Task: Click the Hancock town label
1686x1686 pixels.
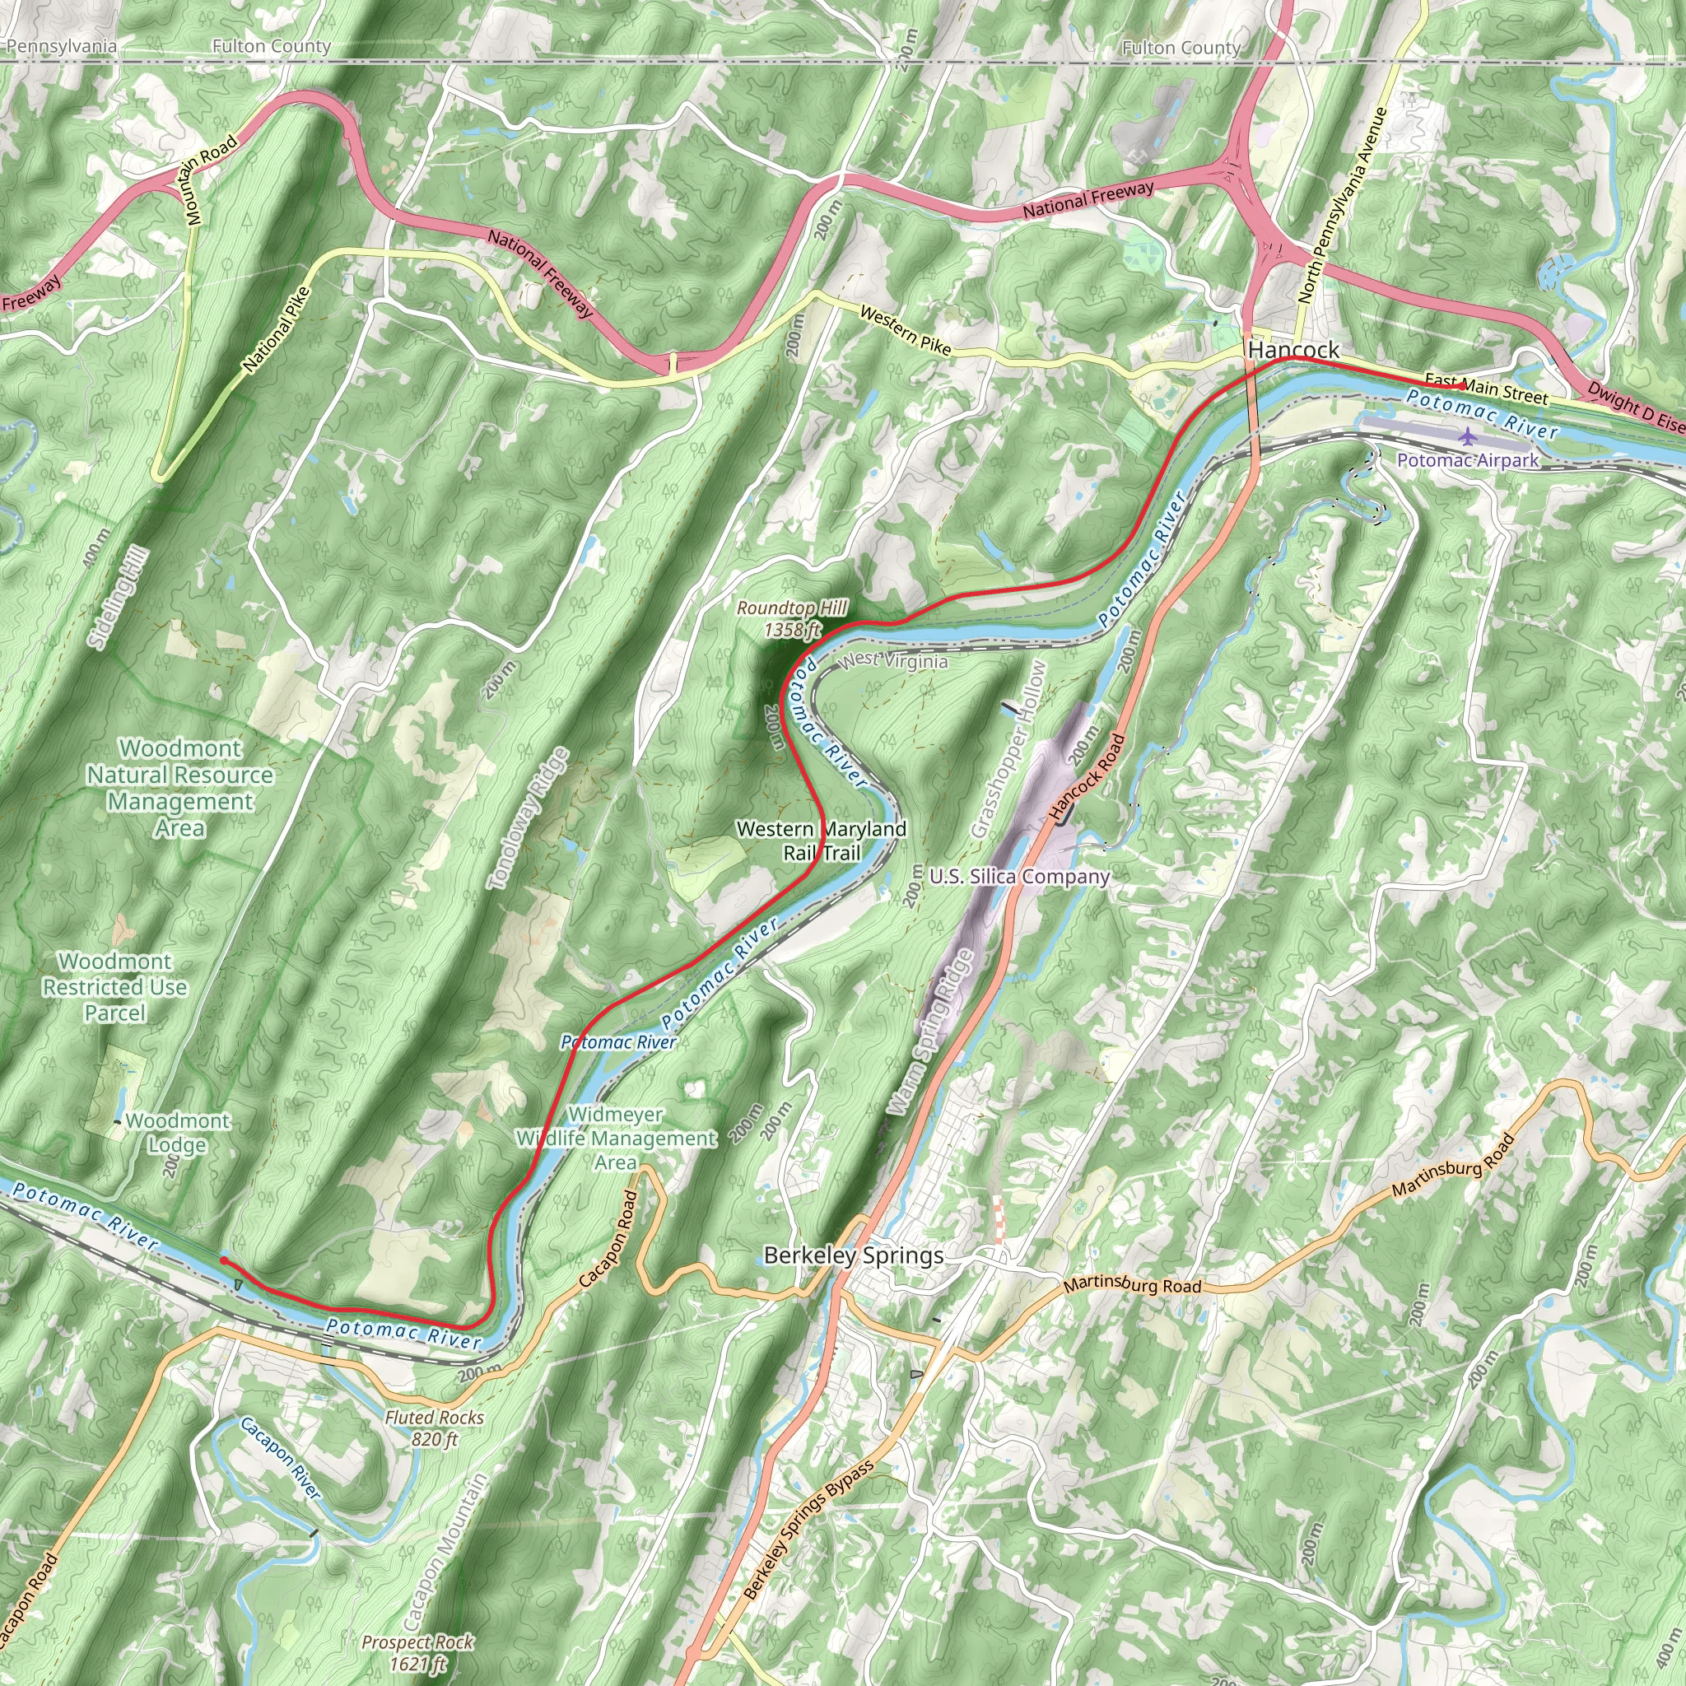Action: (1293, 350)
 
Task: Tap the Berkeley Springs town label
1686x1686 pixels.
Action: (853, 1255)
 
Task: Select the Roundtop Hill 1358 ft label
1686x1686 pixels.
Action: (791, 618)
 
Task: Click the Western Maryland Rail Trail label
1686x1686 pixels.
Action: (821, 841)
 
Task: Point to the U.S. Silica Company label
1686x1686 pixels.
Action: (1019, 876)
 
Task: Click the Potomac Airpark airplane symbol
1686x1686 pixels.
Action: (1467, 435)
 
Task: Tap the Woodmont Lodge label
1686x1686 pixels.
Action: (177, 1132)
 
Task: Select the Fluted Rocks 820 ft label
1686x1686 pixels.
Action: (434, 1428)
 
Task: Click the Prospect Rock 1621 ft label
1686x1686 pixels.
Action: (418, 1653)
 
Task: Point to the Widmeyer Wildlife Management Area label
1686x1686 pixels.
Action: (616, 1138)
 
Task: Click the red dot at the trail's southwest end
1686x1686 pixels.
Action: (223, 1260)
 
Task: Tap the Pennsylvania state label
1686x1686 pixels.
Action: (61, 46)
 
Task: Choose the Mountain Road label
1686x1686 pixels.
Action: (210, 179)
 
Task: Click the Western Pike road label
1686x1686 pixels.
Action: (905, 330)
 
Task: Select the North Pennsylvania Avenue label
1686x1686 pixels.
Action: (1341, 205)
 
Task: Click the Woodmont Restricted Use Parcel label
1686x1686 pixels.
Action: (114, 987)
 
